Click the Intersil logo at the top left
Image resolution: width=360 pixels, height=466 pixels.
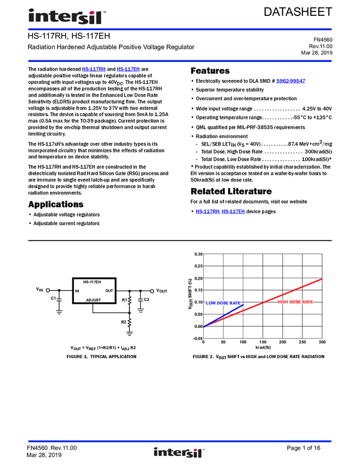point(67,17)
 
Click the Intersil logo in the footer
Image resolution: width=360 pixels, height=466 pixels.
point(179,453)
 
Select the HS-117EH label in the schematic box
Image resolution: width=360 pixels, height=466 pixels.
point(93,282)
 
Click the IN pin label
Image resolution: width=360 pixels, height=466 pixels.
point(78,291)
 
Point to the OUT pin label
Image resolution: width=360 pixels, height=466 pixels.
point(109,291)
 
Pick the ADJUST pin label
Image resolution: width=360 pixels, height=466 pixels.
point(93,300)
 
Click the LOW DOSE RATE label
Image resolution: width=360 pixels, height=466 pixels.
point(223,303)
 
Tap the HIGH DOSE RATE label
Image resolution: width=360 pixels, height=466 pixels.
point(295,302)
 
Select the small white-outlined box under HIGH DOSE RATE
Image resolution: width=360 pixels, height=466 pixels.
point(282,321)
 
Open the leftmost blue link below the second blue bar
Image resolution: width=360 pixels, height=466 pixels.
point(93,70)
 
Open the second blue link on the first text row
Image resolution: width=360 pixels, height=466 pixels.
point(129,70)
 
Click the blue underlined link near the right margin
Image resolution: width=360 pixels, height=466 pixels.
point(290,82)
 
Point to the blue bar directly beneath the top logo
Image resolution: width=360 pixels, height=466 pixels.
point(219,30)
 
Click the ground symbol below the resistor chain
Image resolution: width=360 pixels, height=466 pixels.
point(130,334)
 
